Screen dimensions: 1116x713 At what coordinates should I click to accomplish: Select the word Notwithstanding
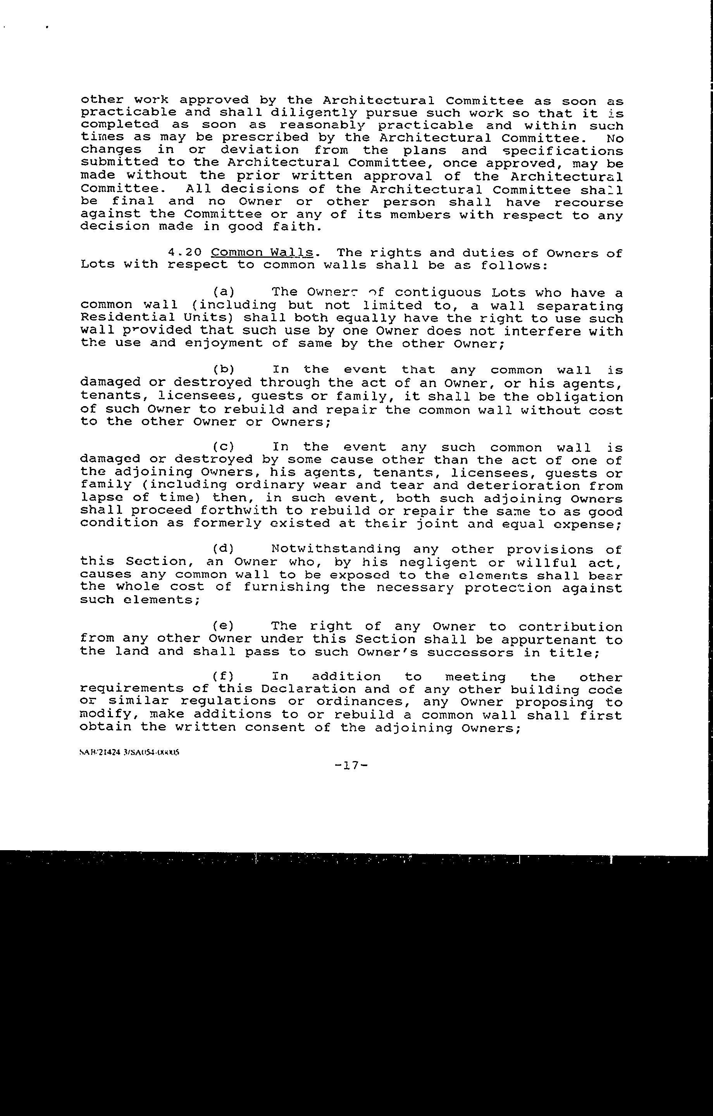coord(336,549)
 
